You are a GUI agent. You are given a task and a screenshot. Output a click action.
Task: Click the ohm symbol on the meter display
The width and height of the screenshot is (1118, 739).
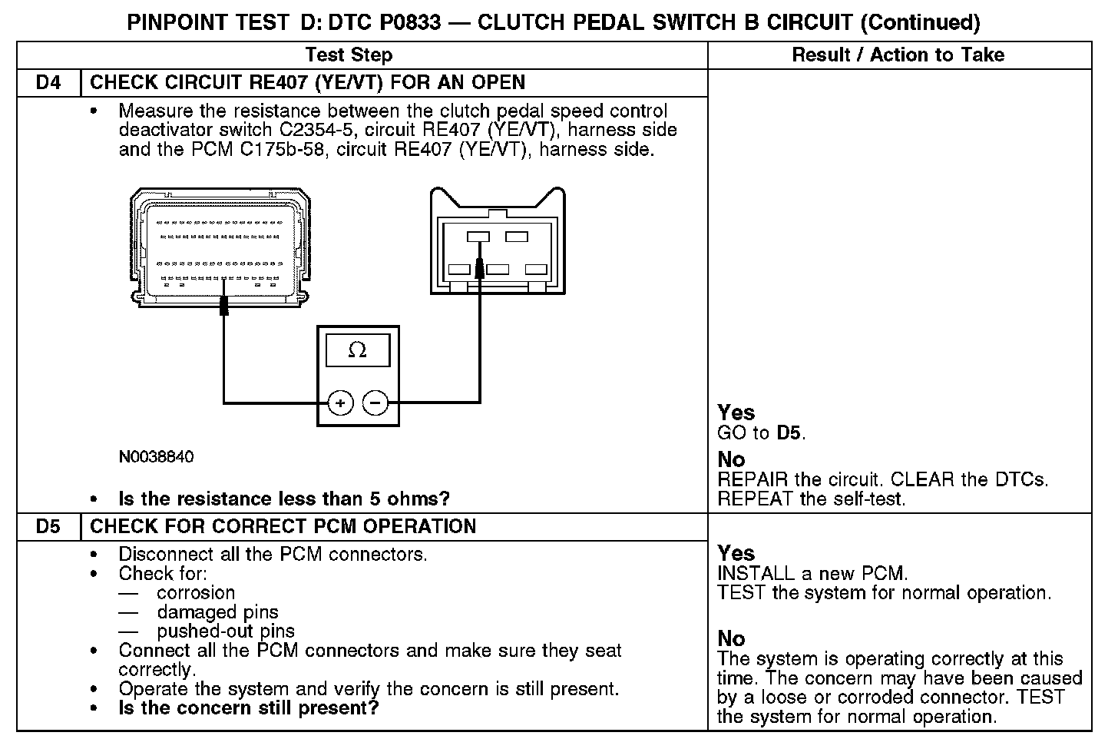click(357, 350)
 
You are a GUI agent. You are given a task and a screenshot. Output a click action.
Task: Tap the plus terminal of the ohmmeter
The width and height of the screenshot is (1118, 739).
click(340, 402)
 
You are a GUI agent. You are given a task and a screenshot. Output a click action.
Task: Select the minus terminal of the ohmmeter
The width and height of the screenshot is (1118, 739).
click(375, 402)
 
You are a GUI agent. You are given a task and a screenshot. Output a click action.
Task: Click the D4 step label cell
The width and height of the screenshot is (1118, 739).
click(48, 82)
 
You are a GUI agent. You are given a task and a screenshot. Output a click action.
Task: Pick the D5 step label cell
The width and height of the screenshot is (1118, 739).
click(48, 526)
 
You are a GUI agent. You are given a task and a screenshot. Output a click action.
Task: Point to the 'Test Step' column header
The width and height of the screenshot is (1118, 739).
click(349, 55)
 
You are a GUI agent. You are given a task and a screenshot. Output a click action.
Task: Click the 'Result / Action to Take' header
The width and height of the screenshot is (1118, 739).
click(898, 55)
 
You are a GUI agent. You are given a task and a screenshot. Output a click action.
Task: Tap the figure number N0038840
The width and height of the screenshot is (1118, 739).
click(156, 457)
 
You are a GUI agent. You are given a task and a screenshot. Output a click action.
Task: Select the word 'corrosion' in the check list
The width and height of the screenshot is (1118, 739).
click(196, 593)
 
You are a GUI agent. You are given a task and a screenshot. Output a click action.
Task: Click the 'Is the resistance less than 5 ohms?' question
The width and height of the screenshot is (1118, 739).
click(284, 499)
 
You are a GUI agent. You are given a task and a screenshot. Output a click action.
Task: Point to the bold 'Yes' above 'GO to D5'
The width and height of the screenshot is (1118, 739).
click(736, 413)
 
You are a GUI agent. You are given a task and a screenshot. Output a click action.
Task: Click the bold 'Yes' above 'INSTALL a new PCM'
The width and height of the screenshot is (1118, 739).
click(736, 553)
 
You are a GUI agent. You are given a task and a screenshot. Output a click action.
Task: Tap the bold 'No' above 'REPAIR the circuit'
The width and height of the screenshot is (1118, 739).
click(731, 459)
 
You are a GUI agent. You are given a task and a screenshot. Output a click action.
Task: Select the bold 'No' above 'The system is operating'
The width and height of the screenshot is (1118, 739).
click(731, 638)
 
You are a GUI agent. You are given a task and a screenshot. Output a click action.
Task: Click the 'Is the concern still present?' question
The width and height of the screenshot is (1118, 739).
click(249, 708)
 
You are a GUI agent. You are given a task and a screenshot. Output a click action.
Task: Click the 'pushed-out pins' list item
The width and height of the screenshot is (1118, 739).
click(226, 631)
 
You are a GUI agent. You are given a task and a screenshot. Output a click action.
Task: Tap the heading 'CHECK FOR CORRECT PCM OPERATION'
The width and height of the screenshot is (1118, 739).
click(283, 526)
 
